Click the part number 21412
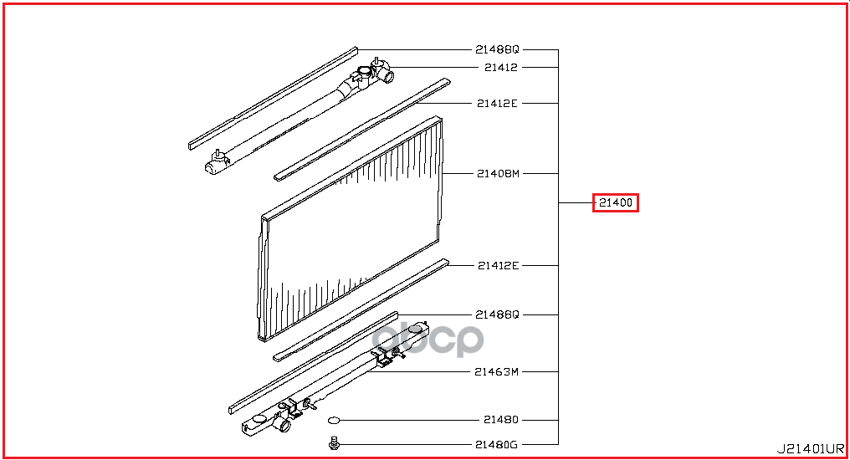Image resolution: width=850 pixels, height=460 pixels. coord(501,67)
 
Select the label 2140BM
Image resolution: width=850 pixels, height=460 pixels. coord(498,173)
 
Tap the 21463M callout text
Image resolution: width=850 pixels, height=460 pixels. coord(497,371)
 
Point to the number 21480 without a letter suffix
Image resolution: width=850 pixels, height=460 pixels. coord(501,419)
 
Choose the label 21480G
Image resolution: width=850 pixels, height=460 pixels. coord(497,444)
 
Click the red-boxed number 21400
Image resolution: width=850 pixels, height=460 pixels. coord(615,202)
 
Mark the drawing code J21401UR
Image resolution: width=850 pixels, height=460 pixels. coord(811,448)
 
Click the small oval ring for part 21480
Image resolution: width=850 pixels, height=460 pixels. coord(334,420)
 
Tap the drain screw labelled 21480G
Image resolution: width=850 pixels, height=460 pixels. coord(334,444)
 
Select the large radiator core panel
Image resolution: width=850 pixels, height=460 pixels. coord(351,228)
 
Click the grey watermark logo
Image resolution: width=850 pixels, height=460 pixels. coord(428,340)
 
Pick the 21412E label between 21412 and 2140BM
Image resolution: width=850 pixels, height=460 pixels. coord(497,103)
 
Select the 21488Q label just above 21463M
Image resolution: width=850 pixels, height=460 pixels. coord(497,314)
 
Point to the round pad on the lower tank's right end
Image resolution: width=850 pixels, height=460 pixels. coord(416,329)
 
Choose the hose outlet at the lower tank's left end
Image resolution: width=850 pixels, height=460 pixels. coord(283,425)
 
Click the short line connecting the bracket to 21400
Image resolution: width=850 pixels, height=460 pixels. coord(576,202)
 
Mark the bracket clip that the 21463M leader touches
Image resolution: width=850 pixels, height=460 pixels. coord(383,360)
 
